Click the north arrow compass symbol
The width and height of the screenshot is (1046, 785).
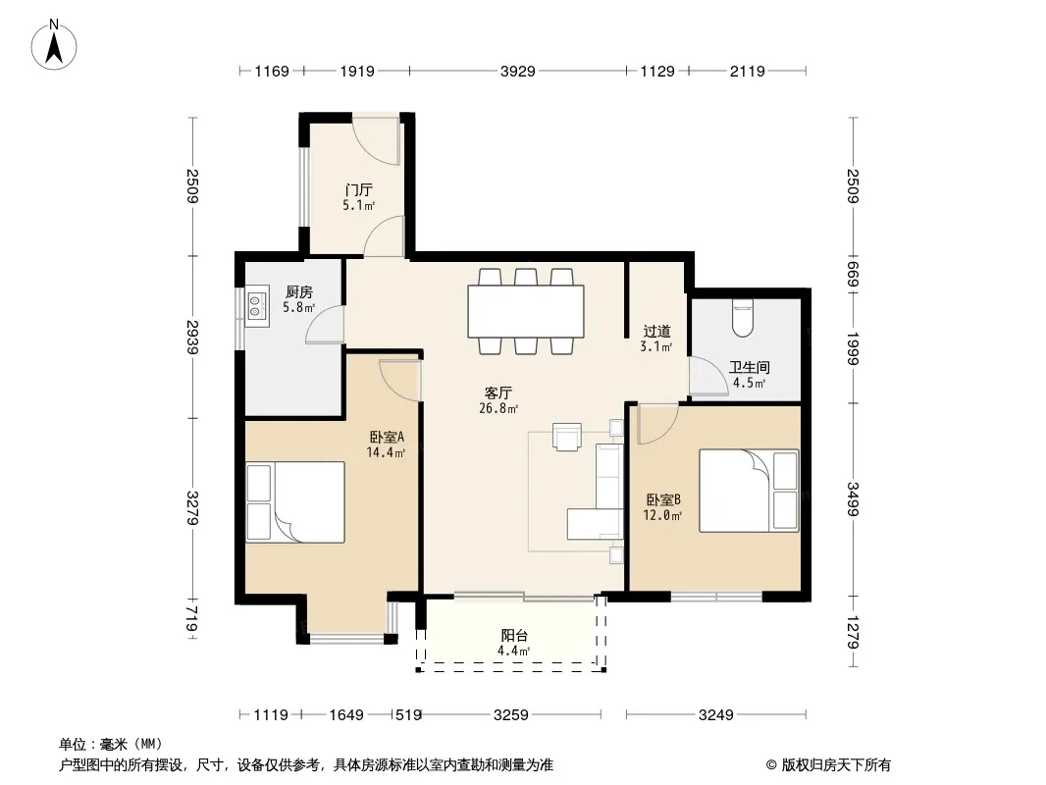[x=54, y=45]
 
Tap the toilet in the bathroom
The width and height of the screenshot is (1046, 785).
[x=743, y=318]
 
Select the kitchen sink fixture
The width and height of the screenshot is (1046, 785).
[x=256, y=306]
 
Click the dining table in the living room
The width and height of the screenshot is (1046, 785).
[x=526, y=311]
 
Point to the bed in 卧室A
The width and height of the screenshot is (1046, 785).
[x=294, y=501]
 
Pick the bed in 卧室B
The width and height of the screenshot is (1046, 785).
[x=749, y=491]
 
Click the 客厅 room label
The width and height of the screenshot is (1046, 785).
[x=498, y=392]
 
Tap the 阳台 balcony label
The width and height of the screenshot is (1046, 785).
[x=513, y=636]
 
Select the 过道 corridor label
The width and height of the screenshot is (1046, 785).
[x=656, y=332]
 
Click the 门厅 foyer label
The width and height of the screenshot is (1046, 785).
[x=359, y=190]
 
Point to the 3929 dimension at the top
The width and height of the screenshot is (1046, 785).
[x=518, y=71]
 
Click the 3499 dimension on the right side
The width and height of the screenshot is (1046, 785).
[x=853, y=498]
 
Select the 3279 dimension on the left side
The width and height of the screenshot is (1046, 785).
[x=192, y=507]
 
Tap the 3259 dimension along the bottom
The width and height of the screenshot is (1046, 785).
[x=511, y=715]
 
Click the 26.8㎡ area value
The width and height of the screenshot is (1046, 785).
[x=498, y=408]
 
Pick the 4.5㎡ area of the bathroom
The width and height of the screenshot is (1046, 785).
[x=749, y=383]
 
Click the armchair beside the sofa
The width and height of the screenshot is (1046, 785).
[x=567, y=437]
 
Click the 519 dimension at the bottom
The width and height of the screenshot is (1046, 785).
[x=408, y=715]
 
